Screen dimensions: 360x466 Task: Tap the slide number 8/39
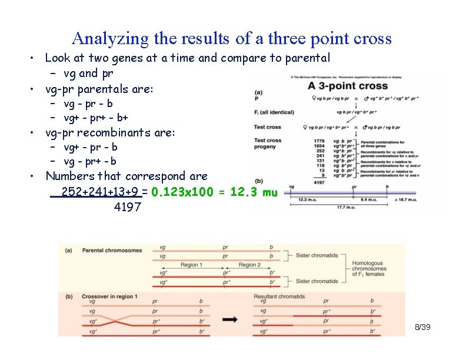pyautogui.click(x=422, y=326)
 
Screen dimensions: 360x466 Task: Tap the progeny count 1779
pyautogui.click(x=320, y=141)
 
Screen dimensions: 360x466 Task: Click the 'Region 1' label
pyautogui.click(x=192, y=265)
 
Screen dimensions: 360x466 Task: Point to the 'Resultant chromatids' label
pyautogui.click(x=279, y=296)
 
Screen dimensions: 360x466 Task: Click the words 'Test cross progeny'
pyautogui.click(x=267, y=144)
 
